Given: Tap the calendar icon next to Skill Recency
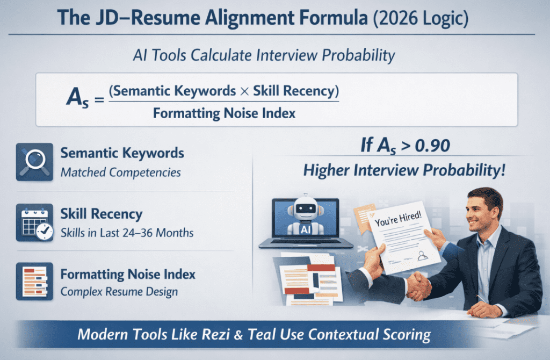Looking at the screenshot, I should click(x=34, y=222).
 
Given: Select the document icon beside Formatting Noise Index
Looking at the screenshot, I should click(x=34, y=280).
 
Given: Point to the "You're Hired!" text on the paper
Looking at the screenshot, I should click(x=390, y=221).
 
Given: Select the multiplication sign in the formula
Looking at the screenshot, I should click(x=244, y=91).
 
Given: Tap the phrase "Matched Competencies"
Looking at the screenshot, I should click(x=120, y=173).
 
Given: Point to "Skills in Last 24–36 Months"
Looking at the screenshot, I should click(x=127, y=233).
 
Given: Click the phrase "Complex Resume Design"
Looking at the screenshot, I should click(x=119, y=292).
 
